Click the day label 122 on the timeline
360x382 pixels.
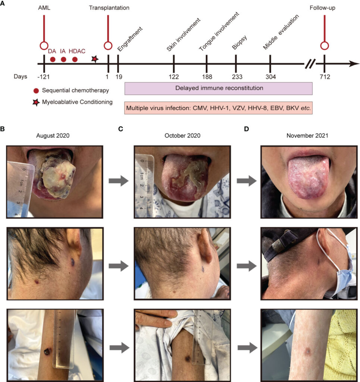click(174, 77)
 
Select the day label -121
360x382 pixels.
click(44, 77)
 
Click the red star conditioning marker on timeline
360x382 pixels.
click(95, 59)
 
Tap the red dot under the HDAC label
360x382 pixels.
click(75, 59)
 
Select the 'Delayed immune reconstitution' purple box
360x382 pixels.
click(218, 88)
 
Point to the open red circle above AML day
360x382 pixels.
click(44, 46)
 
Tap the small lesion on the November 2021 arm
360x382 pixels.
click(308, 351)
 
